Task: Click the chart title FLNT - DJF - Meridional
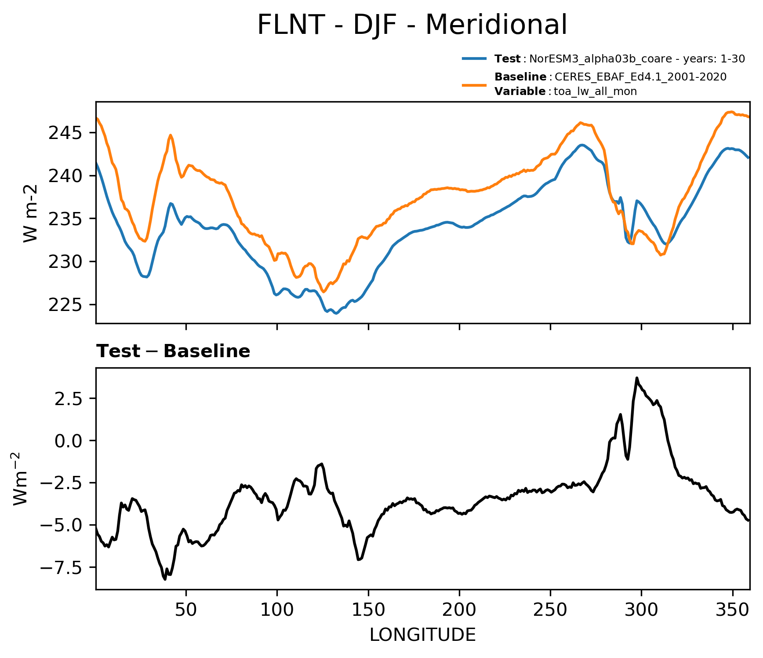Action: [x=412, y=25]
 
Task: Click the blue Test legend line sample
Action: [x=474, y=58]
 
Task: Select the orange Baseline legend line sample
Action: [x=474, y=84]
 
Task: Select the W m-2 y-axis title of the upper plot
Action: [x=30, y=213]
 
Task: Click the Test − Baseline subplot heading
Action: [x=173, y=351]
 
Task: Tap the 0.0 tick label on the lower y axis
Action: [x=71, y=440]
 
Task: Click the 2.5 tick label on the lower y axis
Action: [x=71, y=398]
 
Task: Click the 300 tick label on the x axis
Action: [x=641, y=610]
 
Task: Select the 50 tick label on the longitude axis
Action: [x=186, y=610]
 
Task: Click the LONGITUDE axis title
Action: [x=423, y=635]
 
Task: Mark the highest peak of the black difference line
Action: [x=636, y=378]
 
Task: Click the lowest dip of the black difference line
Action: [x=165, y=579]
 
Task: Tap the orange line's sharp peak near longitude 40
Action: [x=171, y=135]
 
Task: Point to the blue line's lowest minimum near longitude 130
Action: [x=336, y=314]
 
